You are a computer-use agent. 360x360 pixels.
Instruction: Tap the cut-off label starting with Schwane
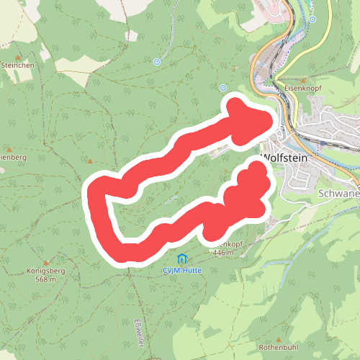pos(338,194)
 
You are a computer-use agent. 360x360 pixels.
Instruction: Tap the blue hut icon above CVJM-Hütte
pos(181,258)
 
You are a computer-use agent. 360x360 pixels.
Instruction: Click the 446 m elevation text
pos(224,253)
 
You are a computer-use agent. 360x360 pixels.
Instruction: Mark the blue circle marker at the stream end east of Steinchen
pos(157,62)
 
